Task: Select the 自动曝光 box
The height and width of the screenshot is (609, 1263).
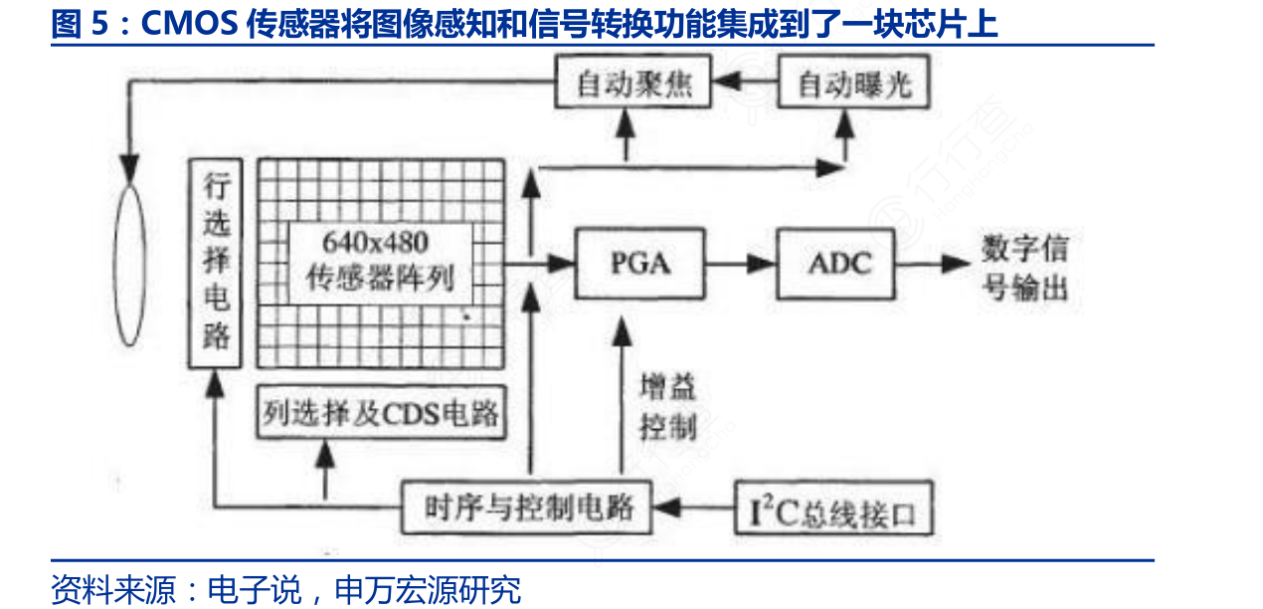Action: pyautogui.click(x=854, y=84)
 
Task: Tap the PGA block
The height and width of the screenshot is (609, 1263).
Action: pyautogui.click(x=639, y=264)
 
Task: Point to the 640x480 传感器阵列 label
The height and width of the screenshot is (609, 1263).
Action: pyautogui.click(x=381, y=261)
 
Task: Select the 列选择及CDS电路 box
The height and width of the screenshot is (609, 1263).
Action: pyautogui.click(x=380, y=411)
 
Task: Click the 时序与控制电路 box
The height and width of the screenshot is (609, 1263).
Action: pyautogui.click(x=528, y=507)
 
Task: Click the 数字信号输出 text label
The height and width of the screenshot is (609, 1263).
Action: pyautogui.click(x=1024, y=266)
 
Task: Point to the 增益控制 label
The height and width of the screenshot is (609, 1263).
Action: pyautogui.click(x=668, y=407)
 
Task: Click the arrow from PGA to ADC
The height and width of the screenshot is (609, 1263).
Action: pyautogui.click(x=740, y=264)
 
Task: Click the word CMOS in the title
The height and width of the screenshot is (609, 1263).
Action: pyautogui.click(x=188, y=23)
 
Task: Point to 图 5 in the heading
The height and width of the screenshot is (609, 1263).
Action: pyautogui.click(x=79, y=23)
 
